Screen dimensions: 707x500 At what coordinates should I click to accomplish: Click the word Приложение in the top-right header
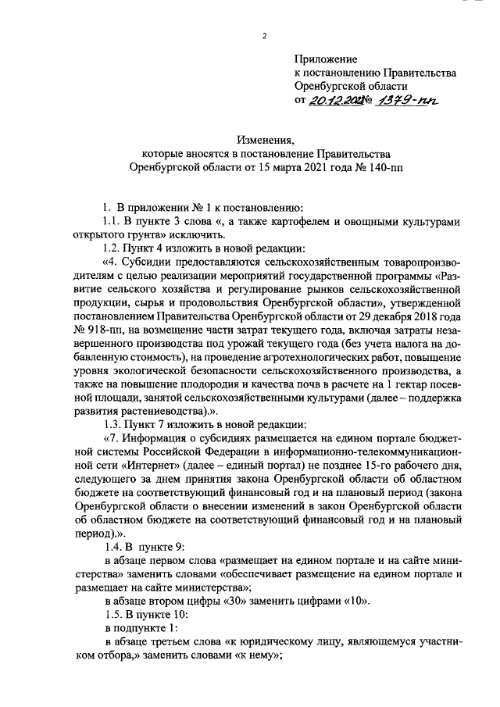(326, 59)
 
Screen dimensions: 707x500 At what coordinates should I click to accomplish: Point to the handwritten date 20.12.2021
(331, 100)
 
